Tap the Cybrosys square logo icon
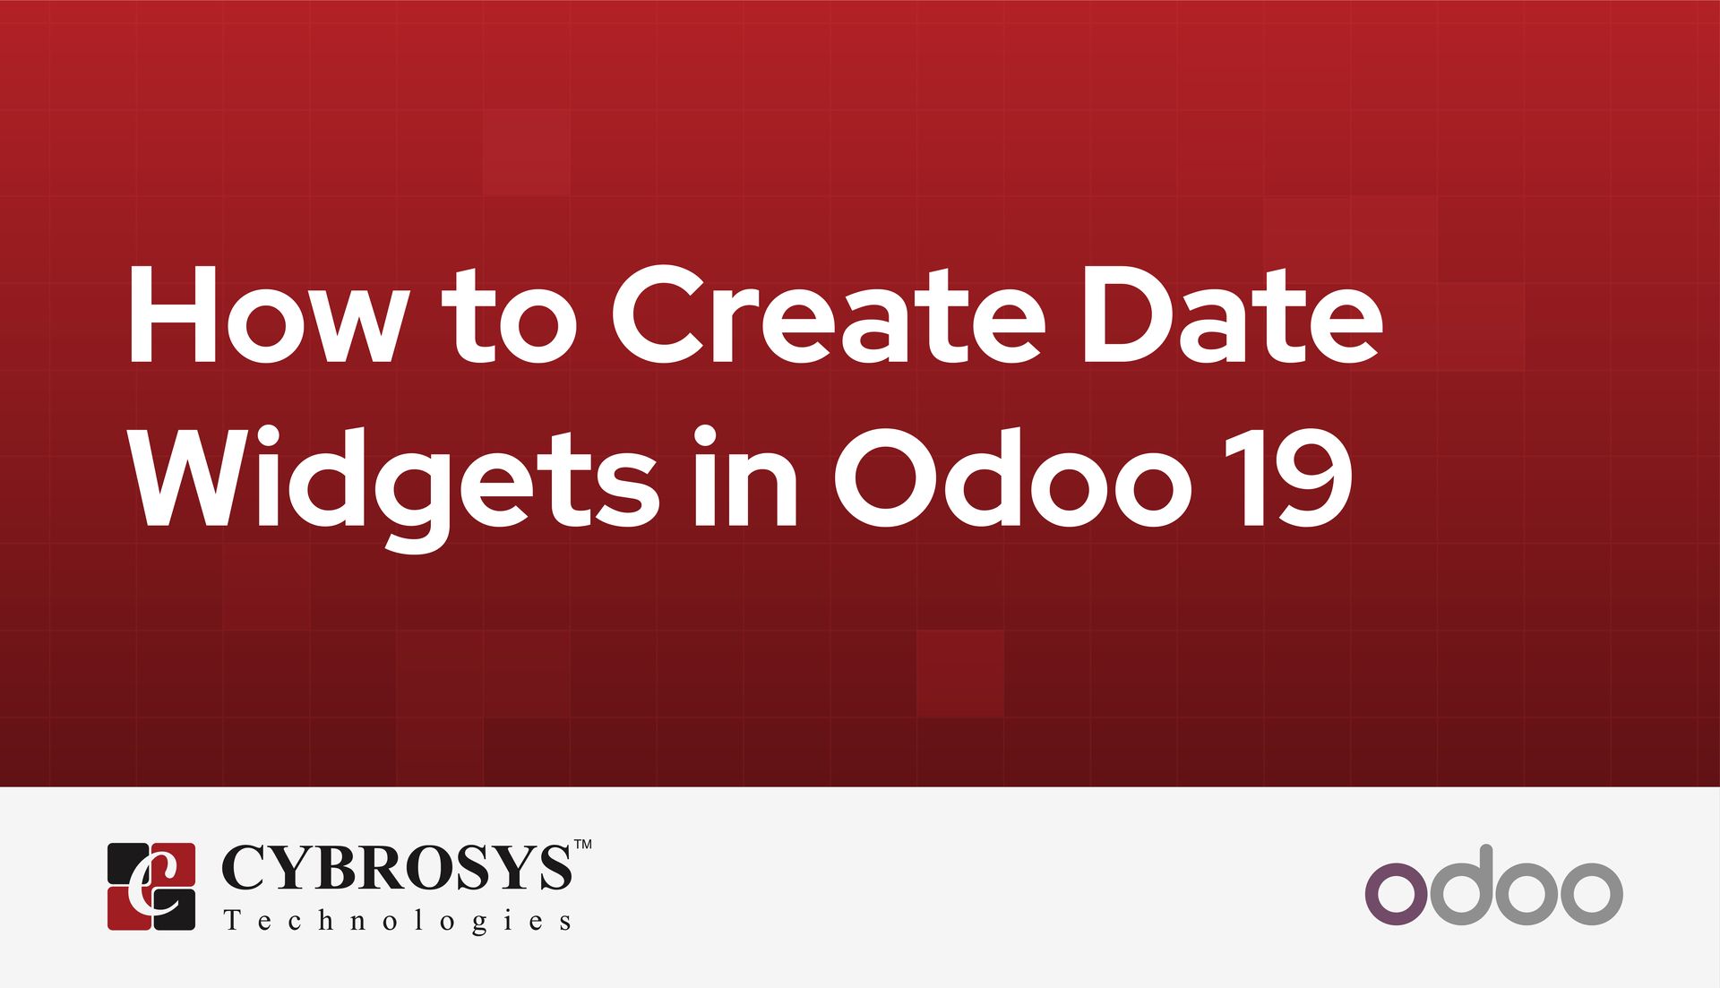point(151,886)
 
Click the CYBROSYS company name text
point(396,868)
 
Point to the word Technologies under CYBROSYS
point(398,921)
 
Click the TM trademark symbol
point(582,845)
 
